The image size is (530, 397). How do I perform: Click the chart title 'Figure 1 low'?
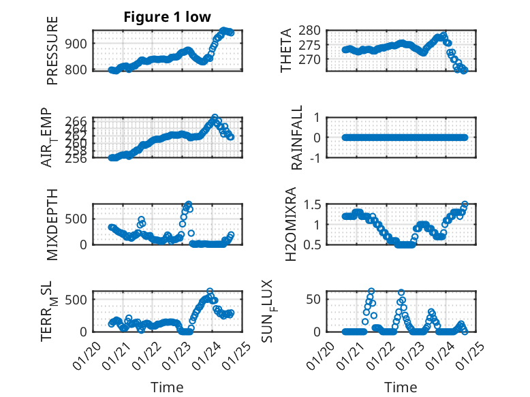tap(167, 17)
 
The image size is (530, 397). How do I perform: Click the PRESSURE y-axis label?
tap(52, 50)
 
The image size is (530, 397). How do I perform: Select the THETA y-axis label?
tap(286, 50)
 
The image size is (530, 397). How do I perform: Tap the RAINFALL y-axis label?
tap(296, 137)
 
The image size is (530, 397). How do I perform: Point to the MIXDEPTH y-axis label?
tap(52, 224)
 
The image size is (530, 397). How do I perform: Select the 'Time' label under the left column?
tap(167, 387)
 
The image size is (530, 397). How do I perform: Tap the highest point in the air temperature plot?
tap(215, 118)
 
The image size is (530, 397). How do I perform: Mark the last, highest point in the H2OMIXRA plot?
tap(465, 204)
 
